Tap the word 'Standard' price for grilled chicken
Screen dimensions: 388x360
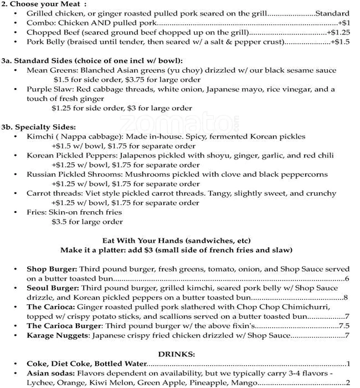(x=332, y=13)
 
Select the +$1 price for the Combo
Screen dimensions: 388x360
(x=344, y=23)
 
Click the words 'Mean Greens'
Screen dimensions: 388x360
(x=52, y=70)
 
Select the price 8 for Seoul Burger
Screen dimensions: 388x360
(x=346, y=298)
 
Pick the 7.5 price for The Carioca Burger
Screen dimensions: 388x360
(x=344, y=326)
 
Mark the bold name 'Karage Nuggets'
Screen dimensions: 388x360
(x=57, y=335)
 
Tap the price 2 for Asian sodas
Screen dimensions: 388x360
(x=347, y=382)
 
